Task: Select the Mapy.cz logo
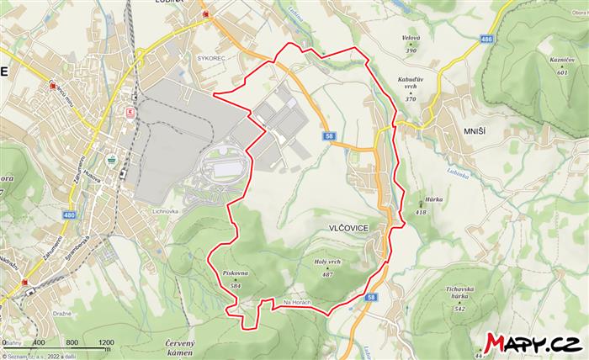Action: pyautogui.click(x=532, y=342)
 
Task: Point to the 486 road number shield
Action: pyautogui.click(x=486, y=39)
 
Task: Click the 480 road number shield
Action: pyautogui.click(x=68, y=216)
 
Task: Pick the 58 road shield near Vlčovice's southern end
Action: pyautogui.click(x=371, y=297)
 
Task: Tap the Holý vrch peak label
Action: pyautogui.click(x=327, y=262)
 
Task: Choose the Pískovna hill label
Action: pyautogui.click(x=235, y=274)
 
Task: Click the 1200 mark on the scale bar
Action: pyautogui.click(x=105, y=342)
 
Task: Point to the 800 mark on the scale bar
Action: pyautogui.click(x=72, y=342)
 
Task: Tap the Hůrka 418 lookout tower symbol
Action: pyautogui.click(x=421, y=204)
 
